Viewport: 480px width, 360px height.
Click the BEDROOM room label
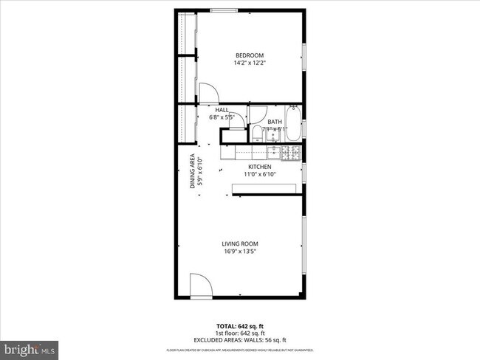[249, 55]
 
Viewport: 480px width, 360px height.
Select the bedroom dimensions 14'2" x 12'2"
[249, 63]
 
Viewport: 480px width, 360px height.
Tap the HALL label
[222, 109]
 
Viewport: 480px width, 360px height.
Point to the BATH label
[275, 122]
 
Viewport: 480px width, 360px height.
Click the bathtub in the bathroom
[292, 125]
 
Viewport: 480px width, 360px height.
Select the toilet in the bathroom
[256, 134]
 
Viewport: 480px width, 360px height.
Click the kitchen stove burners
[290, 153]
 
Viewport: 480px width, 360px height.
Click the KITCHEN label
[259, 167]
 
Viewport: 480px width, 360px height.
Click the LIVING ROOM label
[240, 243]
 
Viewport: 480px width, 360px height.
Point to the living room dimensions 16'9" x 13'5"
[240, 252]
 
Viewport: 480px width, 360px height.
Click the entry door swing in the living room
[199, 286]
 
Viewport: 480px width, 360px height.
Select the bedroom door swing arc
[208, 92]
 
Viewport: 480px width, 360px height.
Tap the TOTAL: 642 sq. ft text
[241, 325]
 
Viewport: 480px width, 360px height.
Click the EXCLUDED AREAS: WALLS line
[241, 340]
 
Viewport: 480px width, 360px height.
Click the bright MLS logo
[30, 347]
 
